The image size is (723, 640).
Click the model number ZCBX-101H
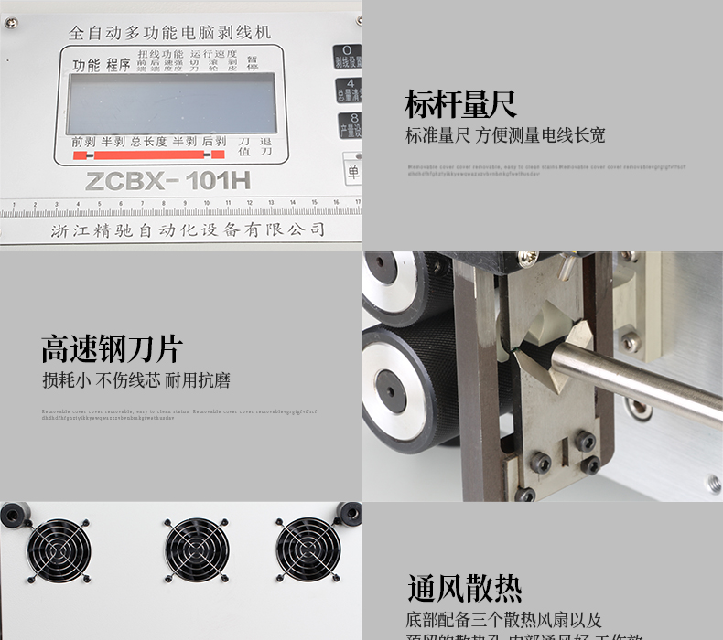[x=167, y=180]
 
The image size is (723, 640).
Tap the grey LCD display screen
[x=172, y=102]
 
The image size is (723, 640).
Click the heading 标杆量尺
[x=460, y=104]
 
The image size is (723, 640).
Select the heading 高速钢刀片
[x=112, y=348]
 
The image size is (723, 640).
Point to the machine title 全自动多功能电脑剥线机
[x=170, y=32]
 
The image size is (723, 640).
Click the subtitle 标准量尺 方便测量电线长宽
[x=505, y=136]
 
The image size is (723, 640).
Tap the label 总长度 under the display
[x=148, y=142]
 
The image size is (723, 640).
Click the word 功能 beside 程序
[x=86, y=65]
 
